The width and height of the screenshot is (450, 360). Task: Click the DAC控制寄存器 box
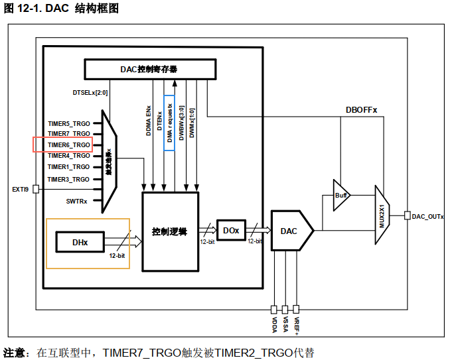pos(150,68)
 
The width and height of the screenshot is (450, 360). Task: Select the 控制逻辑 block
pos(170,231)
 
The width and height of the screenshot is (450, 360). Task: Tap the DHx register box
pos(80,243)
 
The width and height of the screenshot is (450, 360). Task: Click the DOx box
pos(231,230)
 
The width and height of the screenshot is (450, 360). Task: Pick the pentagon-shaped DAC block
pos(291,231)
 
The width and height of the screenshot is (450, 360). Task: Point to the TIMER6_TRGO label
pos(68,145)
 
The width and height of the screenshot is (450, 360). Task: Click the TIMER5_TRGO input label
pos(68,123)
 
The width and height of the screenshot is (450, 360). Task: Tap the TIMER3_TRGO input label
pos(68,179)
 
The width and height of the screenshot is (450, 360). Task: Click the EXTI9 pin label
pos(20,189)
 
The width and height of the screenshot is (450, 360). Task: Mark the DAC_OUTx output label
pos(427,216)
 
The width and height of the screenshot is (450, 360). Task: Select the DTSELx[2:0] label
pos(90,92)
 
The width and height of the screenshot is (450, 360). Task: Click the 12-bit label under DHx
pos(117,255)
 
